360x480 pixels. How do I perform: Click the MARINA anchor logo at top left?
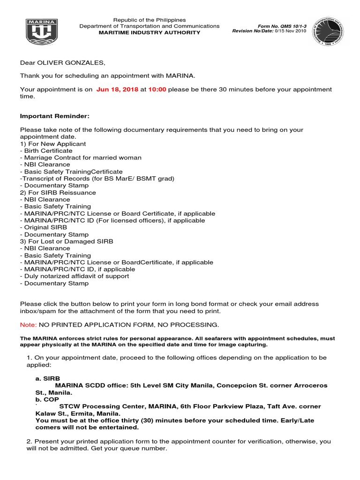pos(41,32)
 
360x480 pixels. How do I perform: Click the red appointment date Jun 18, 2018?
pos(117,90)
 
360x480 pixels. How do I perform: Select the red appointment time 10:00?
pos(157,90)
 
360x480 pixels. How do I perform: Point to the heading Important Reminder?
pos(54,116)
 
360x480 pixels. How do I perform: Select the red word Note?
pos(28,325)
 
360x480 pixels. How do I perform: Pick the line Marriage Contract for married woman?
pos(81,158)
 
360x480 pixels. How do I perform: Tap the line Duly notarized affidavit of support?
pos(75,277)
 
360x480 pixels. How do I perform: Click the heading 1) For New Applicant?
pos(53,144)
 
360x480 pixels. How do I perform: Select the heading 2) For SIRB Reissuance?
pos(58,193)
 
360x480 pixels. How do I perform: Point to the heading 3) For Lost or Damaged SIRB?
pos(67,241)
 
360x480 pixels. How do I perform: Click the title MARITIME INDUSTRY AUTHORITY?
pos(150,33)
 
